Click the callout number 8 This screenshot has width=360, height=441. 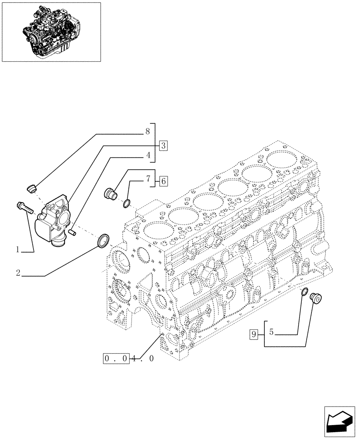pyautogui.click(x=147, y=131)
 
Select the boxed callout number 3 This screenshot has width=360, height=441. pyautogui.click(x=163, y=145)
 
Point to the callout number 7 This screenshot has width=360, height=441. pyautogui.click(x=148, y=179)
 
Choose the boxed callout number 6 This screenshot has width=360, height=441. pyautogui.click(x=163, y=180)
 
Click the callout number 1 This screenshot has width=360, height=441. pyautogui.click(x=18, y=250)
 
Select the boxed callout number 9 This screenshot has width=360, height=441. pyautogui.click(x=253, y=335)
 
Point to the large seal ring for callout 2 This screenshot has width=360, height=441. pyautogui.click(x=104, y=240)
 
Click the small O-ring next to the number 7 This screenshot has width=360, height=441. pyautogui.click(x=127, y=203)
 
